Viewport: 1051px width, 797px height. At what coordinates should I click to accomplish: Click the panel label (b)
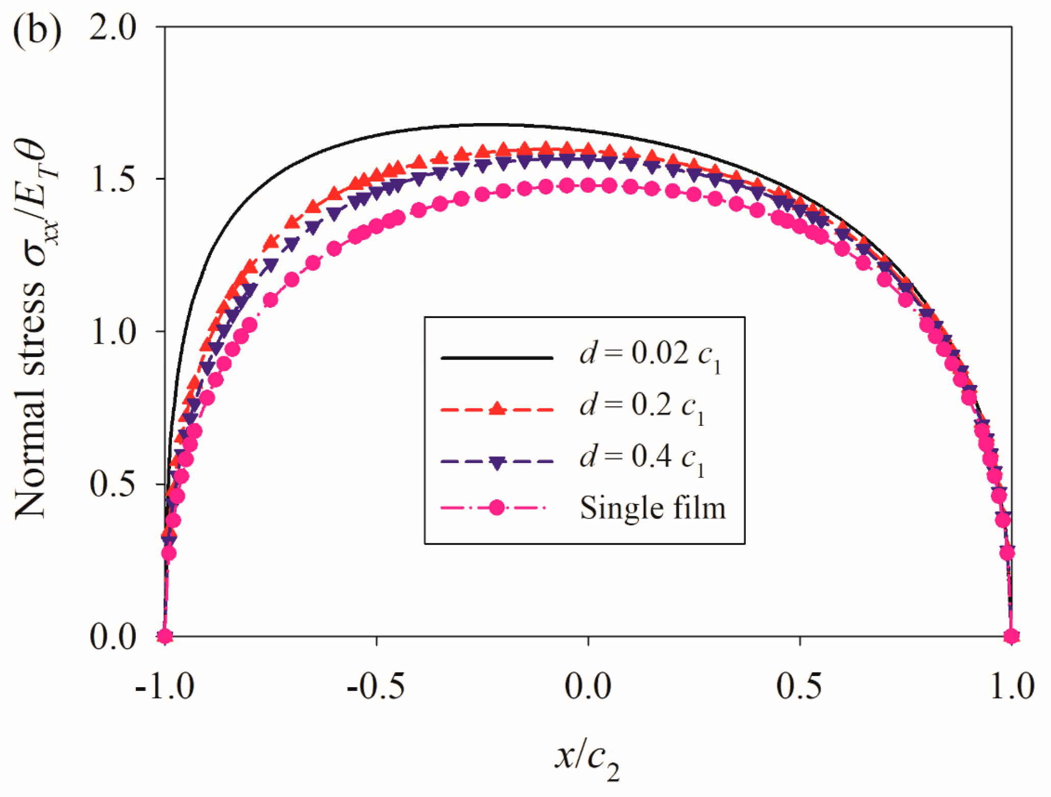[37, 32]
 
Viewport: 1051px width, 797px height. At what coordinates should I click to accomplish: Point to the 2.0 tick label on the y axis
[113, 28]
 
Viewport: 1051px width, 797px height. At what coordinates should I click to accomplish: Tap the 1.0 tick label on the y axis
[113, 331]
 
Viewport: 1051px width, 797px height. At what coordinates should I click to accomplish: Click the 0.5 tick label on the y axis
[113, 484]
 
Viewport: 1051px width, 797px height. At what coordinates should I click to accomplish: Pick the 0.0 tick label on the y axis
[113, 637]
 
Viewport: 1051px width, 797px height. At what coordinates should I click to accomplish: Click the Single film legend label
[652, 508]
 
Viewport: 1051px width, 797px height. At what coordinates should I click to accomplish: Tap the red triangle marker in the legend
[497, 408]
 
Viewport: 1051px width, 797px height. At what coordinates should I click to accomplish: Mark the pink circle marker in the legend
[497, 508]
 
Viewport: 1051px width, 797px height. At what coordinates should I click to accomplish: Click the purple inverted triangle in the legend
[497, 463]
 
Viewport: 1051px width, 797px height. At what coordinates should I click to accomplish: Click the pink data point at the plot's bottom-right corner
[1011, 636]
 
